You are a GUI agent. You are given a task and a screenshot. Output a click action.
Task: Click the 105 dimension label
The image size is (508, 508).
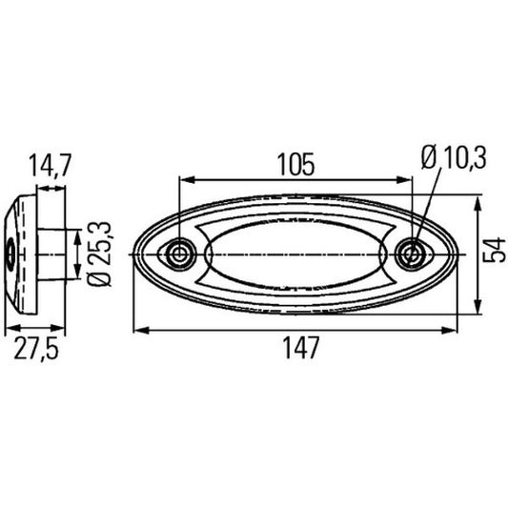click(x=296, y=165)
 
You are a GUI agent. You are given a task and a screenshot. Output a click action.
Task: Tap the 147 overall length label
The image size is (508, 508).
click(x=301, y=348)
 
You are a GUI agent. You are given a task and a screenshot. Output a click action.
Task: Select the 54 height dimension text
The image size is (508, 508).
click(x=494, y=250)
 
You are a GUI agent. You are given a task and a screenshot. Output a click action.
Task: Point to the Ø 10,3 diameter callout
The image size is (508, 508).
click(x=454, y=158)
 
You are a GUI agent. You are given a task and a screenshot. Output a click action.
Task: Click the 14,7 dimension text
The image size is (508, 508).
click(x=51, y=165)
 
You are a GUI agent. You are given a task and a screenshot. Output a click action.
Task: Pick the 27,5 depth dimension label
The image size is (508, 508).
click(x=36, y=349)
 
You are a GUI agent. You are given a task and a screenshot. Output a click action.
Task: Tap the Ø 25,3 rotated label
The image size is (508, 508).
click(x=100, y=254)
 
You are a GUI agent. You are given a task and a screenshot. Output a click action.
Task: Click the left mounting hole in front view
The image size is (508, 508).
click(x=178, y=254)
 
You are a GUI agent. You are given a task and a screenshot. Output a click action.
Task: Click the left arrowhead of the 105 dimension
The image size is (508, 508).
click(x=187, y=180)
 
